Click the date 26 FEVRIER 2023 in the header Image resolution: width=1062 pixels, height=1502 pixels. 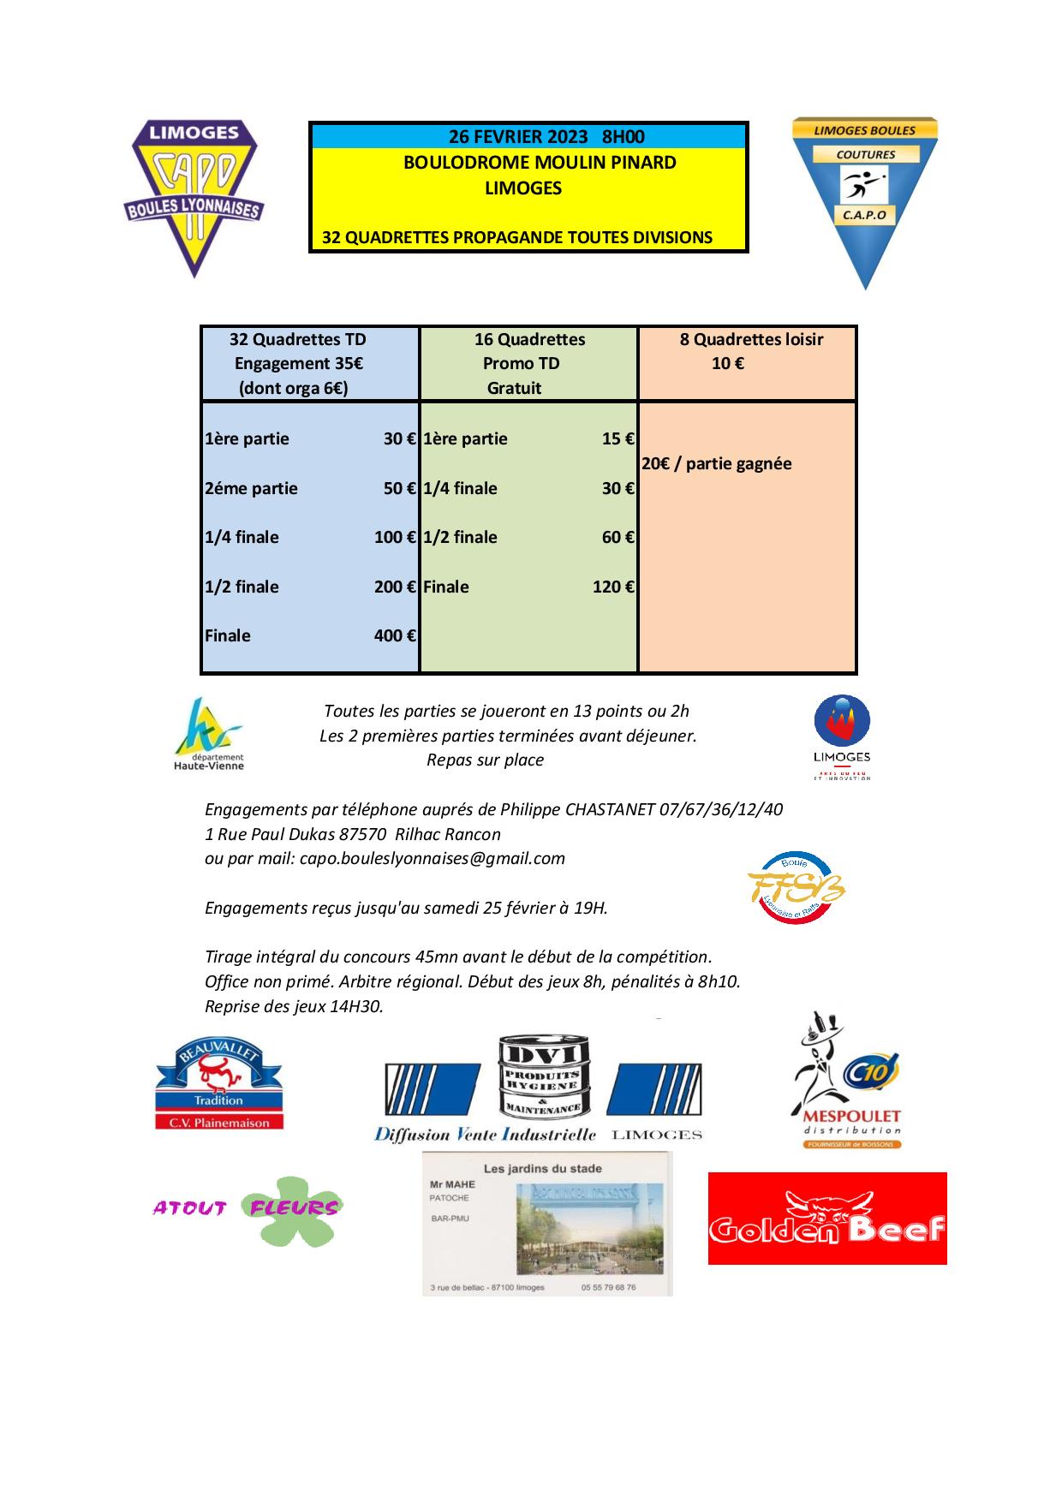[518, 137]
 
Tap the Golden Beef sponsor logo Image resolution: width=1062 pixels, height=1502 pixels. [826, 1218]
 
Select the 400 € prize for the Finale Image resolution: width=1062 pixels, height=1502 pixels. [395, 635]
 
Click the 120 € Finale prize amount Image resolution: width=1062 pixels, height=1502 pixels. [613, 587]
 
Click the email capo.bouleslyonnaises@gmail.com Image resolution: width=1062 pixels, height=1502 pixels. [433, 858]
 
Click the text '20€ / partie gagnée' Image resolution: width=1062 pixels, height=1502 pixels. [717, 463]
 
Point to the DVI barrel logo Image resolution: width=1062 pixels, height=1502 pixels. [540, 1078]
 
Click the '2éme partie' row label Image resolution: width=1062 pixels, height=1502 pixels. [251, 488]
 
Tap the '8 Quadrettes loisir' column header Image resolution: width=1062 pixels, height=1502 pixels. [751, 339]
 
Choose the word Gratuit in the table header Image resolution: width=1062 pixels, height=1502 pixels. [514, 388]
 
